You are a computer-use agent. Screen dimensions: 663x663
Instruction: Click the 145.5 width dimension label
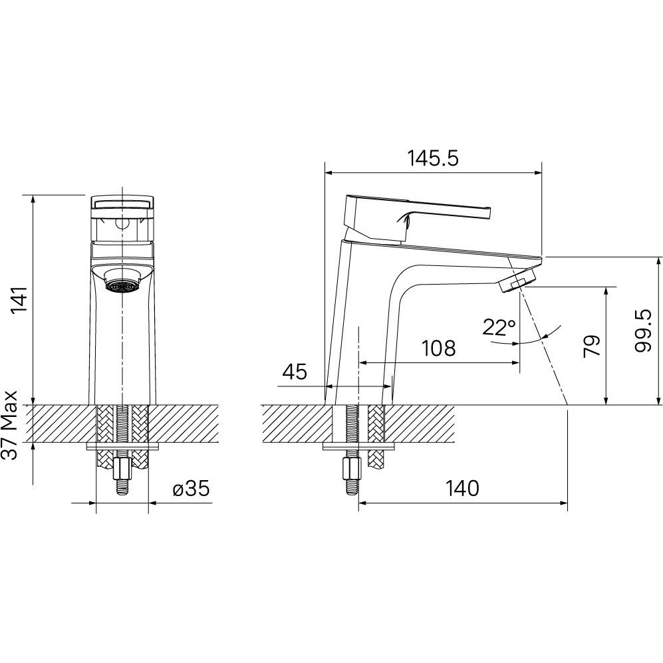(432, 159)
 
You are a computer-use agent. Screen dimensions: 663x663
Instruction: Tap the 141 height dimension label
(19, 300)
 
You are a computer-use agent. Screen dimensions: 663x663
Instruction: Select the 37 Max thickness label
(9, 425)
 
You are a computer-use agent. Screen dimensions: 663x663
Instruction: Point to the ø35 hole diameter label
(191, 489)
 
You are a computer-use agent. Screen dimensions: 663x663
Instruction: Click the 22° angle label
(499, 328)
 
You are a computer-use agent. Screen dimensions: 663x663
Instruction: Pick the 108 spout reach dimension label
(439, 348)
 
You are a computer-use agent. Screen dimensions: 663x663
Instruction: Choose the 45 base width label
(295, 372)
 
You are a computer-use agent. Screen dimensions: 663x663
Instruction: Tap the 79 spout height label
(592, 346)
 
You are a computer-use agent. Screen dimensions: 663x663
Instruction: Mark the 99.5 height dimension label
(643, 331)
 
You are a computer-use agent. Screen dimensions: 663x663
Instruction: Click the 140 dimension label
(463, 488)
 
